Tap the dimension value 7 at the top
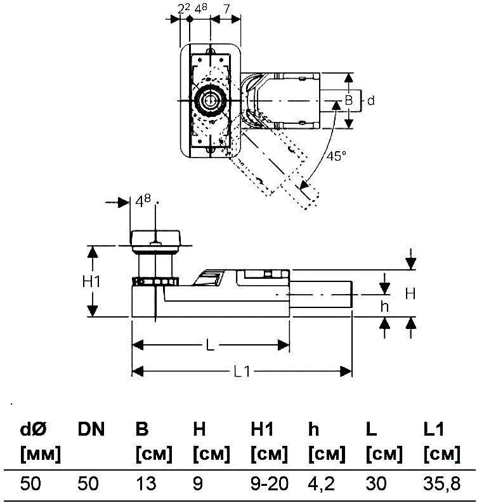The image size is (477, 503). pyautogui.click(x=226, y=8)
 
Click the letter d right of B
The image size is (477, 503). pyautogui.click(x=371, y=100)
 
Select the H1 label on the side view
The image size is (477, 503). pyautogui.click(x=93, y=281)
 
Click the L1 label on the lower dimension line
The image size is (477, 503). pyautogui.click(x=242, y=372)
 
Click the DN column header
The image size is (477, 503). pyautogui.click(x=93, y=430)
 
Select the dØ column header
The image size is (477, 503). pyautogui.click(x=33, y=430)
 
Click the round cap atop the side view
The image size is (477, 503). pyautogui.click(x=156, y=239)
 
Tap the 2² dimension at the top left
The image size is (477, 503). pyautogui.click(x=183, y=8)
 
